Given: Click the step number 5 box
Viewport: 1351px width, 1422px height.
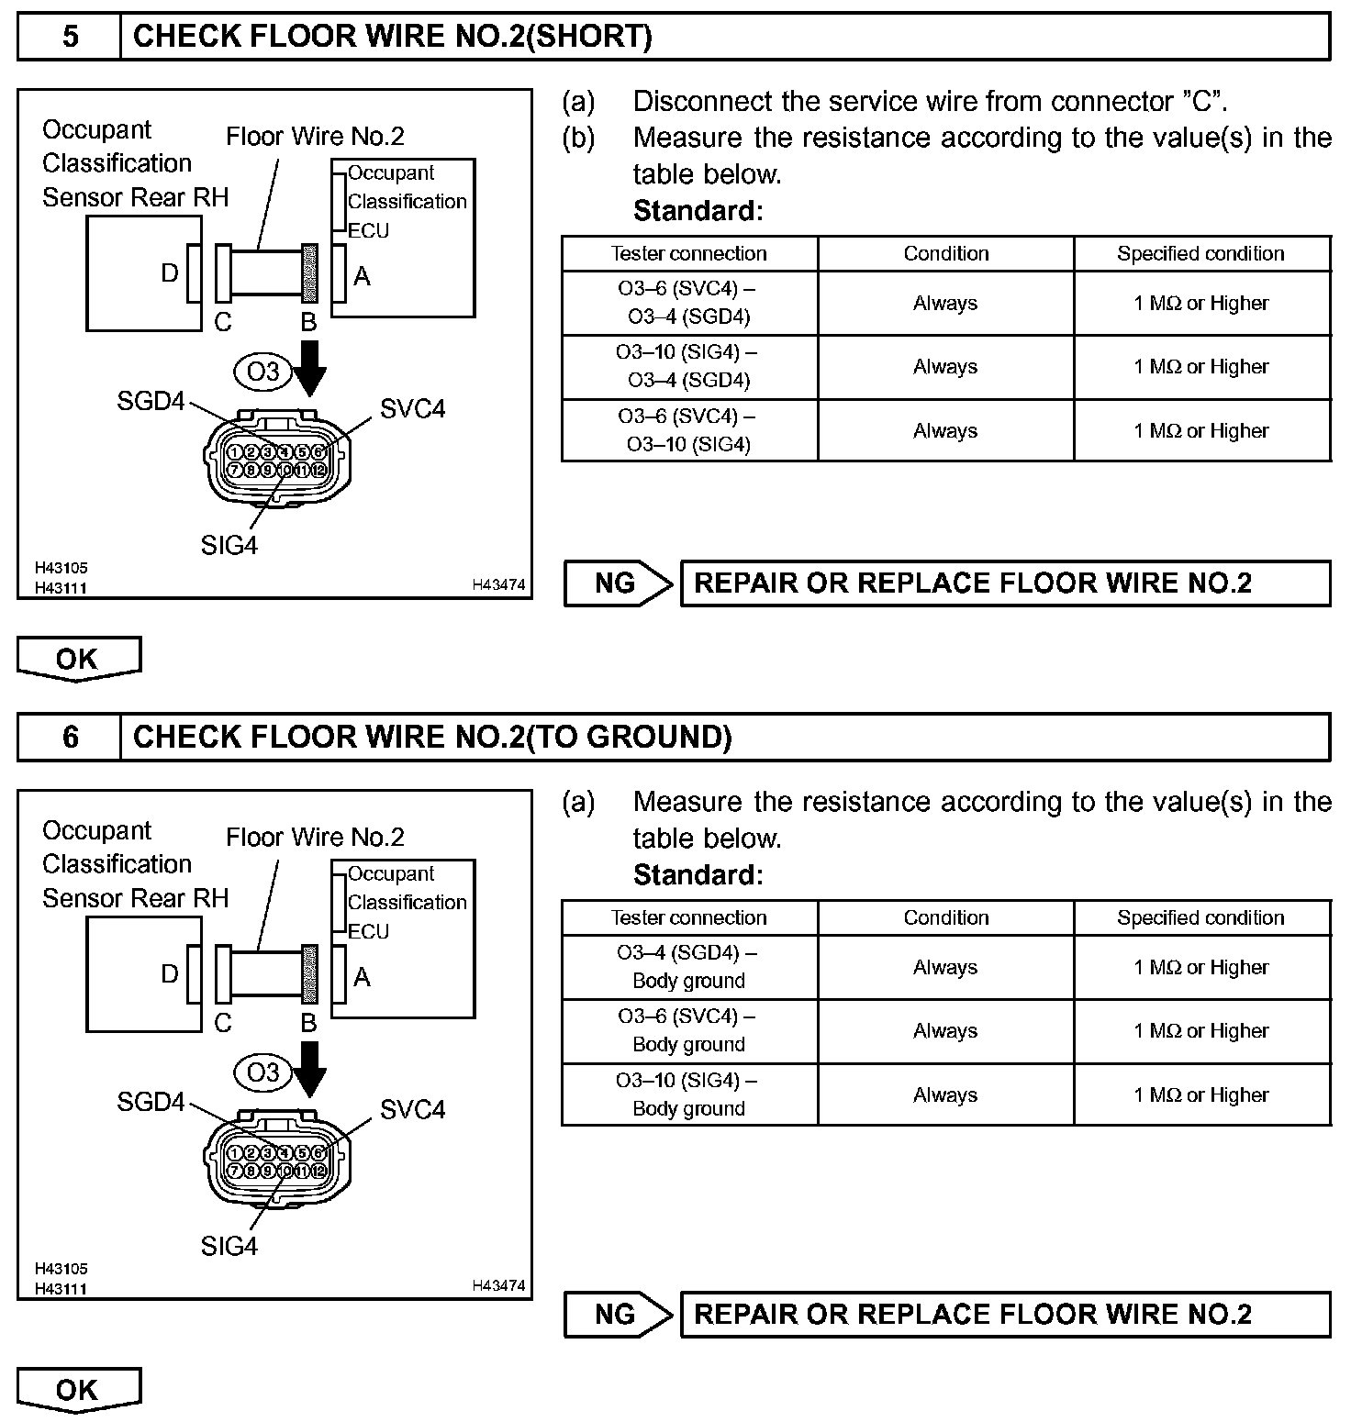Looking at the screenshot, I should point(70,37).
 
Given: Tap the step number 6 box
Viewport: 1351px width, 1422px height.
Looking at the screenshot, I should point(70,738).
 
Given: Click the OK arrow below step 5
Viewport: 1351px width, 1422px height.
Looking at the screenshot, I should point(78,659).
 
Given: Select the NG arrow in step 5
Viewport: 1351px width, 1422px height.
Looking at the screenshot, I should point(618,583).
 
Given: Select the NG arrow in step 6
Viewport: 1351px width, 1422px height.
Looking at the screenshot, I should point(618,1315).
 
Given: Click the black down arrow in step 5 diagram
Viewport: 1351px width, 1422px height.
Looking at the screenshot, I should point(309,366).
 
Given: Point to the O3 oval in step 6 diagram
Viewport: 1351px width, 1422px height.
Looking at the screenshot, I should point(262,1072).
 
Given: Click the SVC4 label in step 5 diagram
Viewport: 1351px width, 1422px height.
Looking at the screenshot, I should point(412,409).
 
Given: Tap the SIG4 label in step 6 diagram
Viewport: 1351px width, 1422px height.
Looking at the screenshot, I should point(229,1246).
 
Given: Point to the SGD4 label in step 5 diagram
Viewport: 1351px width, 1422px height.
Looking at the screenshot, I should point(151,402).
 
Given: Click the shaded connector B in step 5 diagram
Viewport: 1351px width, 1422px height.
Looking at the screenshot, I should point(309,272).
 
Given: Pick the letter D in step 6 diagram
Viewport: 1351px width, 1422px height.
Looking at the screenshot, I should point(170,974).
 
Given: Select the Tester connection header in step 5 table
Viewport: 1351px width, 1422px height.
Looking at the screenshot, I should point(688,254).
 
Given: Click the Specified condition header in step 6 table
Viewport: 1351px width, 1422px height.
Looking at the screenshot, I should point(1200,918).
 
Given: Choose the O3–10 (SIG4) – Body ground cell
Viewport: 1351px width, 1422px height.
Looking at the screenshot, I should point(688,1094).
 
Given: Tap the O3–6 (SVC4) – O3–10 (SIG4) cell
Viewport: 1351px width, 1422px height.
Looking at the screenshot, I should point(688,430).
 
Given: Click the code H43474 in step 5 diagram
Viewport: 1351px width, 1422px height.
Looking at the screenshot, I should point(498,584).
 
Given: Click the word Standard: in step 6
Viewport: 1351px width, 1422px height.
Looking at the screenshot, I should point(698,875).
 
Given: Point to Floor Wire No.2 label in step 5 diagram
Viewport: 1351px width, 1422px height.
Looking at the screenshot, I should point(315,137).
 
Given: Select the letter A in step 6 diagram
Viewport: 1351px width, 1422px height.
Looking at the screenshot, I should point(362,977).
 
